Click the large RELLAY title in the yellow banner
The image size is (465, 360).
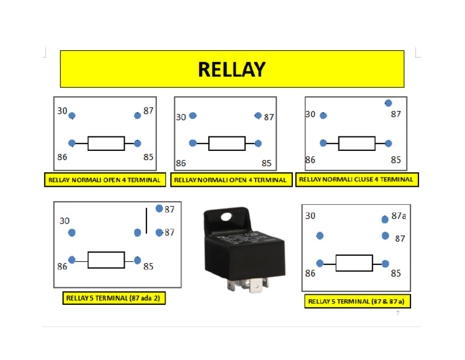tap(231, 70)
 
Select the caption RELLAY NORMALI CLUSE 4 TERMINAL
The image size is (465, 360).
tap(357, 179)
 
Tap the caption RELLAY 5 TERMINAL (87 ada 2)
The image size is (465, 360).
tap(114, 298)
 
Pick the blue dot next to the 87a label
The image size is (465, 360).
tap(384, 219)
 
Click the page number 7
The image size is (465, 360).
tap(398, 313)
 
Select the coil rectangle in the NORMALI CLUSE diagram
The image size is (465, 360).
tap(357, 144)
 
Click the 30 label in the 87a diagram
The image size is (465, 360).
tap(310, 216)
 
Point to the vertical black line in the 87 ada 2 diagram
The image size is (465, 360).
tap(146, 221)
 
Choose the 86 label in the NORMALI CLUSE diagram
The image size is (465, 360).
tap(311, 161)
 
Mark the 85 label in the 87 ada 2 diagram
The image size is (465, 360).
tap(148, 267)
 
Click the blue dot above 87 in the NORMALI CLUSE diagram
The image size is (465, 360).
tap(388, 104)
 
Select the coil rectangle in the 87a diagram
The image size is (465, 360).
tap(354, 263)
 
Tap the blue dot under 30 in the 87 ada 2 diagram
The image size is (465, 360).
tap(72, 233)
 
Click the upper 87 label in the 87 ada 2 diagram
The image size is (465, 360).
tap(170, 209)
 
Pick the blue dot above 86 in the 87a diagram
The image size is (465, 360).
tap(320, 236)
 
